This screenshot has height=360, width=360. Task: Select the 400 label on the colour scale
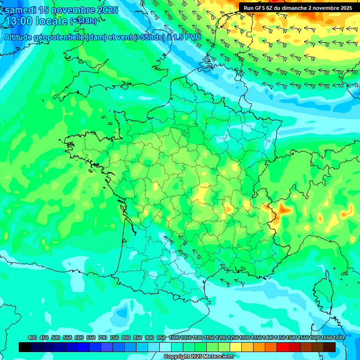[x=32, y=338]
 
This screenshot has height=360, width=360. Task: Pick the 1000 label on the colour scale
[x=175, y=338]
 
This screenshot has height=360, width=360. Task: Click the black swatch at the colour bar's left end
[x=25, y=347]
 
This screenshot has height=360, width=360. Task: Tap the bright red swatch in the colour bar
[x=282, y=347]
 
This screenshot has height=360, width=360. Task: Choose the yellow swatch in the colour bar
[x=235, y=347]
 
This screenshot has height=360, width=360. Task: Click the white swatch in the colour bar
[x=165, y=347]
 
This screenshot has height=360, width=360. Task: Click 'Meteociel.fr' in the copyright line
[x=218, y=357]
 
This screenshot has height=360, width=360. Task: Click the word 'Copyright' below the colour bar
[x=177, y=357]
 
